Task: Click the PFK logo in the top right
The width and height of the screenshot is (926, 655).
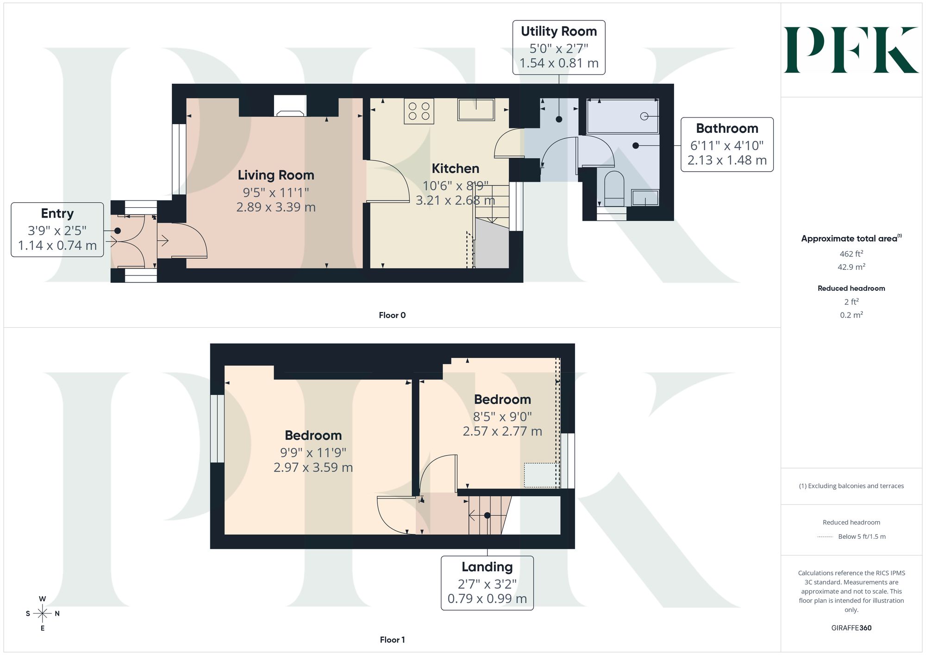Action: [x=851, y=50]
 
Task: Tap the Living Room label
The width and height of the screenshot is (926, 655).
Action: [x=276, y=175]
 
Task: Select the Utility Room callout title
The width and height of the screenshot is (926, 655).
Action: [x=559, y=31]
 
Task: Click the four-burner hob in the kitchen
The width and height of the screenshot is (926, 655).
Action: [x=419, y=111]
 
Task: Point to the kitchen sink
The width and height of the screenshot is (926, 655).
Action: [x=476, y=110]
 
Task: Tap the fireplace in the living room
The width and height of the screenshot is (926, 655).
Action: [x=290, y=106]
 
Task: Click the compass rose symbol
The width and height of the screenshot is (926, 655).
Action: [x=43, y=614]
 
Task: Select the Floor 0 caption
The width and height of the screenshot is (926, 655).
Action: [x=392, y=315]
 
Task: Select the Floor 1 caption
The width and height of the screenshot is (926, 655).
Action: [x=392, y=640]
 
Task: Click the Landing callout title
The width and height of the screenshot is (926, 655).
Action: [x=487, y=567]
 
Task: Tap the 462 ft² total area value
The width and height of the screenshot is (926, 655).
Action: [x=851, y=253]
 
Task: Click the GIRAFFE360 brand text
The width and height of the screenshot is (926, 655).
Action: [x=851, y=628]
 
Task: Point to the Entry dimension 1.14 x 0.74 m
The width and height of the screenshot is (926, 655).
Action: [x=57, y=245]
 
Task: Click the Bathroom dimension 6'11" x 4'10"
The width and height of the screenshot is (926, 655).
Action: [x=727, y=146]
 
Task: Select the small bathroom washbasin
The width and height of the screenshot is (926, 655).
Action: [x=645, y=198]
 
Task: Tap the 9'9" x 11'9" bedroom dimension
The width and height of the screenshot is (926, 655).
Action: [x=313, y=452]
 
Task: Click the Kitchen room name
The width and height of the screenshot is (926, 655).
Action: [x=456, y=168]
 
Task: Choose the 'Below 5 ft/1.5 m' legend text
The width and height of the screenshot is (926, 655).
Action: [x=862, y=537]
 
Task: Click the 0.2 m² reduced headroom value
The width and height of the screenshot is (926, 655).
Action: [x=851, y=315]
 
